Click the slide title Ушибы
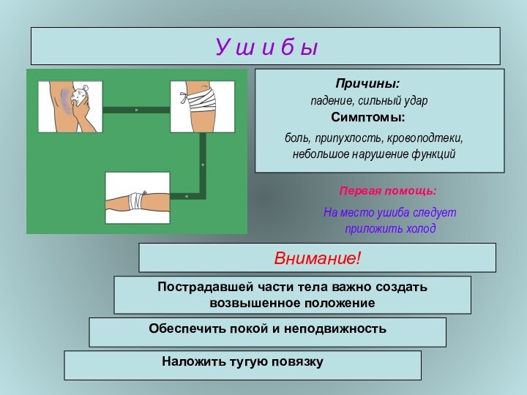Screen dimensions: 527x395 click(266, 47)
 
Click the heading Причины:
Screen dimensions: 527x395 click(367, 83)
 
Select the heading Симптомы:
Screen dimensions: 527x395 click(368, 117)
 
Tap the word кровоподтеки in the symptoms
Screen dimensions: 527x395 click(425, 138)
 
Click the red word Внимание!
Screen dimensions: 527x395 click(317, 258)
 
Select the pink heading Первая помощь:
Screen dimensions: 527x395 click(388, 191)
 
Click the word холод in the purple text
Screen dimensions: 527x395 click(421, 229)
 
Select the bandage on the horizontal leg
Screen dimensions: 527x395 click(136, 200)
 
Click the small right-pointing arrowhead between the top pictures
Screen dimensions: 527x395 click(137, 110)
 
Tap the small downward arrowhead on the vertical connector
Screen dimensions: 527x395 click(203, 165)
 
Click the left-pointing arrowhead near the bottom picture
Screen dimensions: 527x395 click(186, 196)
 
